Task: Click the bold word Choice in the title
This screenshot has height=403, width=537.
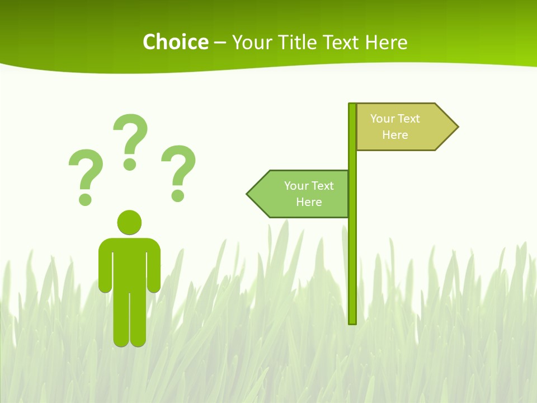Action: [x=175, y=42]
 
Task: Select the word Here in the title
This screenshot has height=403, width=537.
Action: [x=386, y=42]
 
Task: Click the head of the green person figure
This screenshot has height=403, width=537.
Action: [x=129, y=222]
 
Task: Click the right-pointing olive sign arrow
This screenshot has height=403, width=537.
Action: [x=403, y=127]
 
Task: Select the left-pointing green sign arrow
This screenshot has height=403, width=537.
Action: [x=299, y=194]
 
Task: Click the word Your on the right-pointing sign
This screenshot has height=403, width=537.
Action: [x=382, y=119]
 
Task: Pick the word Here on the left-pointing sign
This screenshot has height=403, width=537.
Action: [x=309, y=202]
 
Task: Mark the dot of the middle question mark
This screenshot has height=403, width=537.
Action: [x=130, y=163]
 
